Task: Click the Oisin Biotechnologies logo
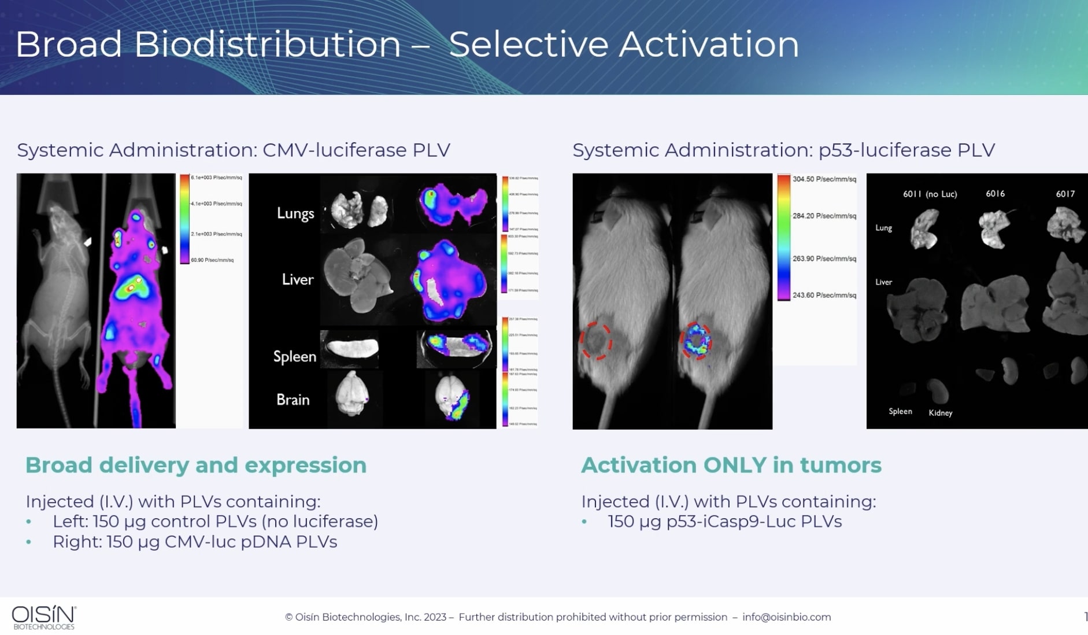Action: (x=44, y=617)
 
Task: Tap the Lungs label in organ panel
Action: (x=295, y=213)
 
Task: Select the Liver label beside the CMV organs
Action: (x=298, y=279)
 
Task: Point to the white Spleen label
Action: (x=294, y=356)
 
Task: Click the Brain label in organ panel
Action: (x=293, y=400)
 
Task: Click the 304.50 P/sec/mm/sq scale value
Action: (x=824, y=179)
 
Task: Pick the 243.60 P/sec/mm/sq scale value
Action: (x=824, y=296)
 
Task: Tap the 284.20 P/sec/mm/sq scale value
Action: (x=824, y=216)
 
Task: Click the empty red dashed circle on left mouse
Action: (x=596, y=341)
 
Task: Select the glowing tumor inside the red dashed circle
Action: (x=696, y=341)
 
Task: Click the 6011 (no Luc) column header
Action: (x=930, y=194)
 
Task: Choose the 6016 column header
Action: (x=995, y=194)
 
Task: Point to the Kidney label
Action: (x=940, y=413)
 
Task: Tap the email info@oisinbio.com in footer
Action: (x=786, y=617)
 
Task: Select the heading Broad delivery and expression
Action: (x=196, y=466)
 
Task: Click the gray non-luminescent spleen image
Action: (x=351, y=348)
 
